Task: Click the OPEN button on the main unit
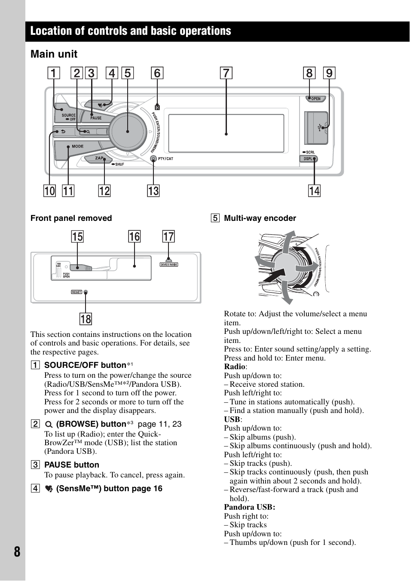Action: [x=315, y=99]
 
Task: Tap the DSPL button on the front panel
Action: [x=308, y=159]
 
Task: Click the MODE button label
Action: [x=77, y=147]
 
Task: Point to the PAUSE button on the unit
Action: [x=96, y=118]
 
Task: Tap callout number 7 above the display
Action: [x=226, y=73]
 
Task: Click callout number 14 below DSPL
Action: [x=314, y=191]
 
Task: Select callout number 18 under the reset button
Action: [x=86, y=319]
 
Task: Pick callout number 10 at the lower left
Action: [x=49, y=191]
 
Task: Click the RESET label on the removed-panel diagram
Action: [x=76, y=292]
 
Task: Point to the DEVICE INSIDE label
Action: [x=168, y=265]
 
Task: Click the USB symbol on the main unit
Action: [x=319, y=128]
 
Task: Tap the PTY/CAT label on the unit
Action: [x=165, y=159]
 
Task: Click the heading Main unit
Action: [x=54, y=54]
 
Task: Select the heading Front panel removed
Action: [x=71, y=218]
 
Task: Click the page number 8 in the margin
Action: [x=17, y=552]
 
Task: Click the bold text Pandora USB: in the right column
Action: [x=249, y=507]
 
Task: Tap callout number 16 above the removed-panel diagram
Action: [x=134, y=236]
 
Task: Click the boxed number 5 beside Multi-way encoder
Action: [x=215, y=218]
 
